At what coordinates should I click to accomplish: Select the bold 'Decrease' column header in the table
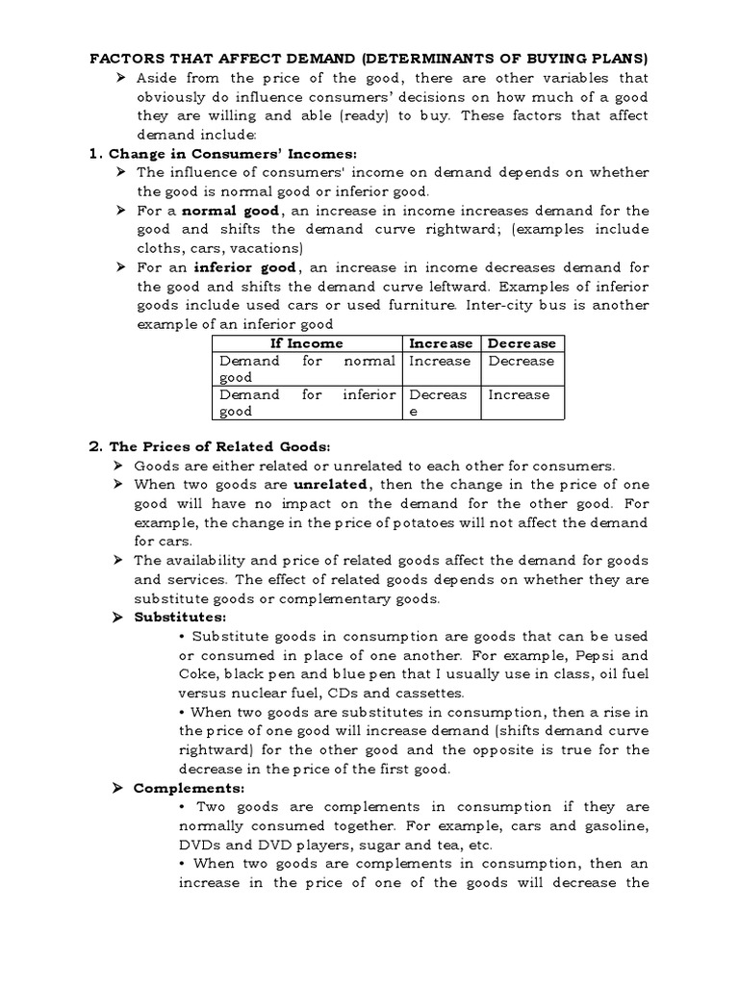point(522,343)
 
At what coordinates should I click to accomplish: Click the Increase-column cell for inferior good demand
point(440,403)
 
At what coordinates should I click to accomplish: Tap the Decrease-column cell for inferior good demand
point(519,394)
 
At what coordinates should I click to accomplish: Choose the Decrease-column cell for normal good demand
point(521,361)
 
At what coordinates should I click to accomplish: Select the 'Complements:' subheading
point(183,788)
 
